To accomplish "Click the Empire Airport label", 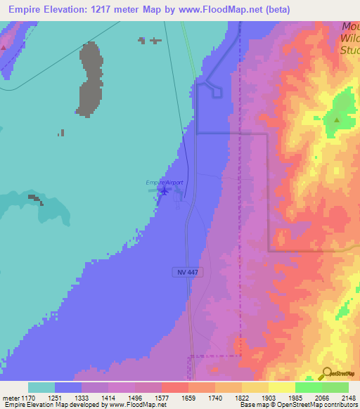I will [164, 183].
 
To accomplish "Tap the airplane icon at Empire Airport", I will [164, 190].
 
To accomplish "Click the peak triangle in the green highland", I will [337, 119].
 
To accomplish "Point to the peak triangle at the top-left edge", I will [4, 47].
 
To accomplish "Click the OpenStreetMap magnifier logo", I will [326, 372].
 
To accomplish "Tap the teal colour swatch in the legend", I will [41, 387].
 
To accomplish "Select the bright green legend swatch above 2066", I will [308, 387].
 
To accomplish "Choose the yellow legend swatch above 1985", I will [281, 387].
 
